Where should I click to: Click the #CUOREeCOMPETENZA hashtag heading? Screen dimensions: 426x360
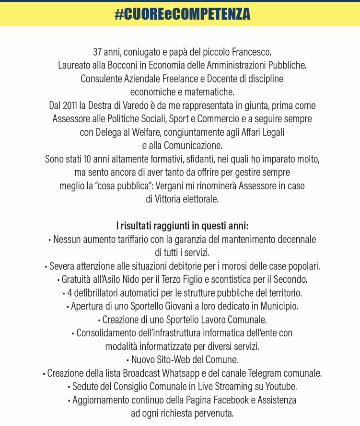[182, 14]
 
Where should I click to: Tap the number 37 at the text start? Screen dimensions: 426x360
[98, 51]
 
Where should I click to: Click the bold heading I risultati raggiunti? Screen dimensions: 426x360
[182, 225]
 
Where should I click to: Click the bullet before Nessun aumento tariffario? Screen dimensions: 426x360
[50, 239]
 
